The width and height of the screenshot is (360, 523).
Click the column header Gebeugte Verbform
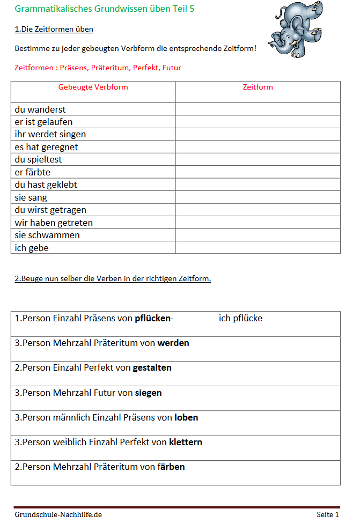coord(93,87)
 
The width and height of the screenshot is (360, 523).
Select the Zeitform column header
coord(258,87)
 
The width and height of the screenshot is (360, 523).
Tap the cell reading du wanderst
coord(40,109)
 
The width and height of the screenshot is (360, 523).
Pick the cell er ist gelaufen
coord(43,122)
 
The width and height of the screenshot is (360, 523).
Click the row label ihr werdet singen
coord(50,134)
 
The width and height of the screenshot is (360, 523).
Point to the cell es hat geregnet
coord(46,147)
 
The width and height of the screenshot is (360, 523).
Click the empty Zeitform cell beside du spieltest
coord(258,159)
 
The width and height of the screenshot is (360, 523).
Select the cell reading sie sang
coord(31,197)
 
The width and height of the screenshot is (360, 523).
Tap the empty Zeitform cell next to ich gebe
coord(258,248)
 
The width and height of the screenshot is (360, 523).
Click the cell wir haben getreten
coord(54,223)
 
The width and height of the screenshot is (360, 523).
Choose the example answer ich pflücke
coord(240,318)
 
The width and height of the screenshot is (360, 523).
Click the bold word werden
coord(173,343)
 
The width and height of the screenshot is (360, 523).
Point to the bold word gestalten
coord(152,367)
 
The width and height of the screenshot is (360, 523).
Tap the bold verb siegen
coord(148,393)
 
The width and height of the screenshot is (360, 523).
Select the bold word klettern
coord(185,443)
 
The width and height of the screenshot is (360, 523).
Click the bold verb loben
coord(186,417)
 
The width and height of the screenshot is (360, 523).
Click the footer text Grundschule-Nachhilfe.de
coord(58,514)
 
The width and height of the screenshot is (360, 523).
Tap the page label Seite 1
coord(328,514)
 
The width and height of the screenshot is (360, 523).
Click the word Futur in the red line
coord(171,68)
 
